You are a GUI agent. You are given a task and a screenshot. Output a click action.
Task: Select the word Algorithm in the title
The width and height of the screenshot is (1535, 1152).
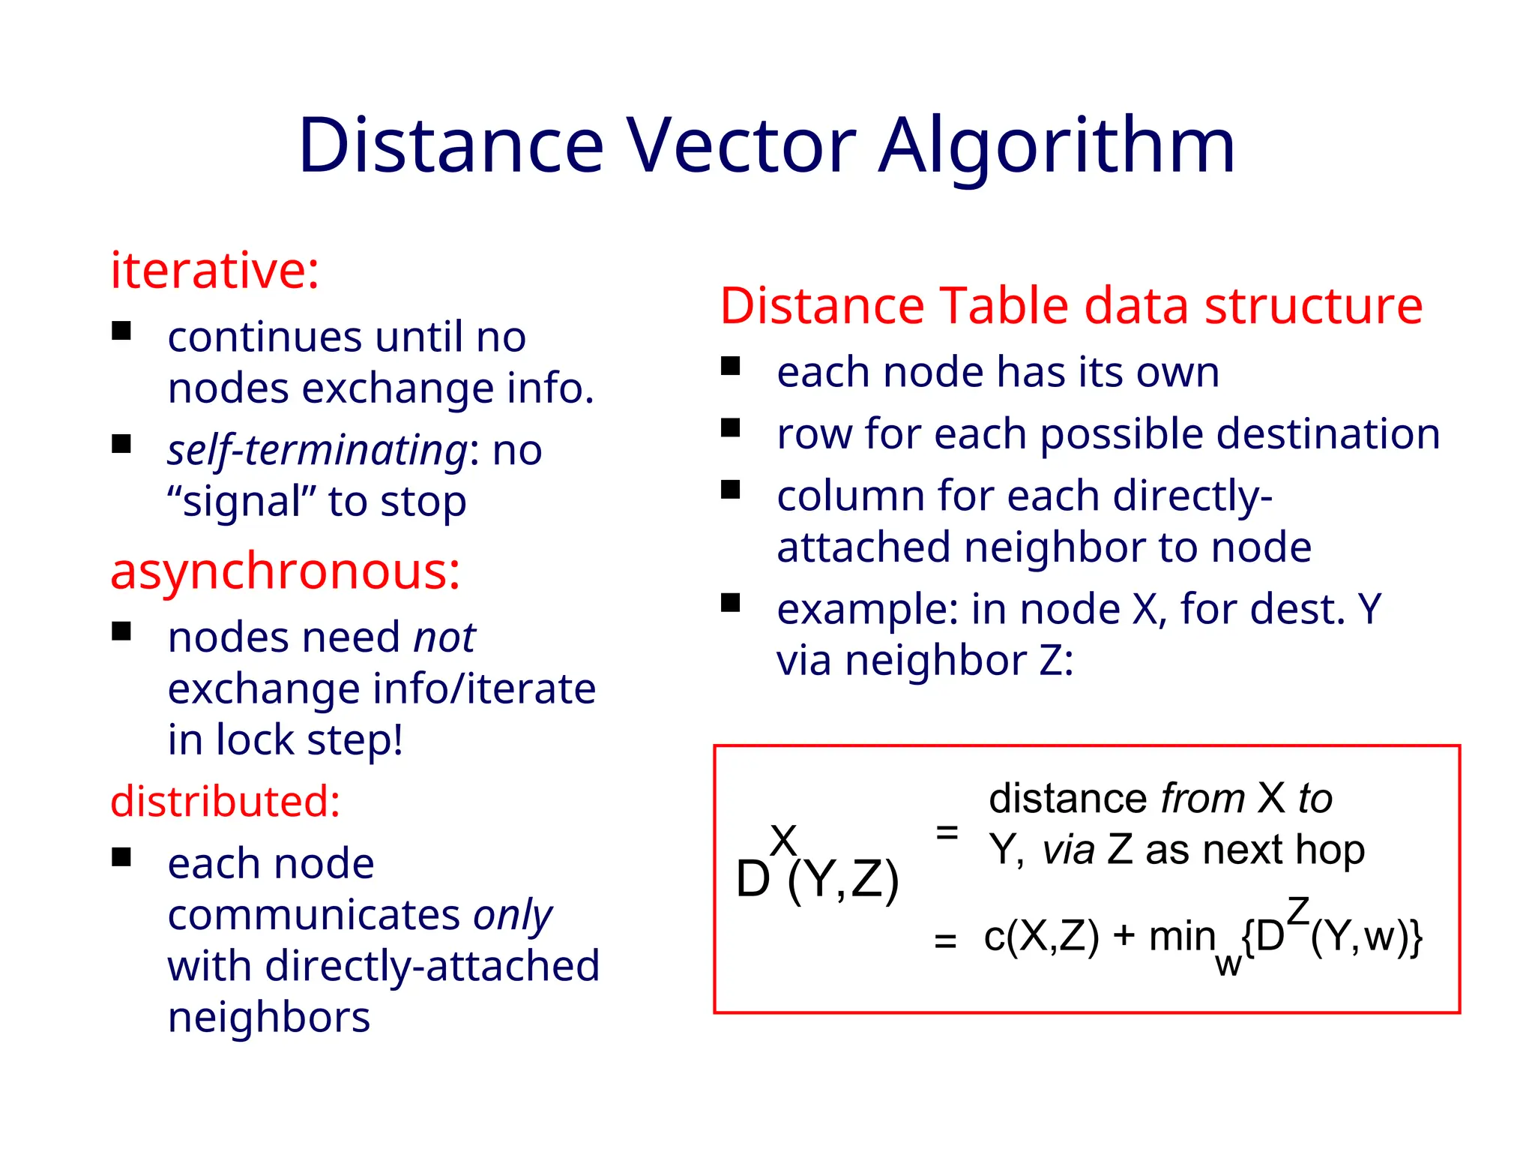(1056, 147)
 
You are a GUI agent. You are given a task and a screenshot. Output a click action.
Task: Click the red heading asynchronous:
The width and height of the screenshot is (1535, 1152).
(285, 571)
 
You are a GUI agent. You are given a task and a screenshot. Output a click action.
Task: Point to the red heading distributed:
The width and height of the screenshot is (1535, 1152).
(226, 801)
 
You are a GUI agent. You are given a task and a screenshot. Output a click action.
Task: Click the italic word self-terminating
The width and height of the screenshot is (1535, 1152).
(318, 451)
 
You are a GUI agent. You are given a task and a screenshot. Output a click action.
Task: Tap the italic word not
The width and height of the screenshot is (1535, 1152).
(444, 637)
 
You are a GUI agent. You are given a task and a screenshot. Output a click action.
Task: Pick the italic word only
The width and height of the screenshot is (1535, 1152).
(513, 915)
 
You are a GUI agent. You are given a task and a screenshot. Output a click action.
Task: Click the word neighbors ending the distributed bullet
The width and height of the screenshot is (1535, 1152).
(269, 1018)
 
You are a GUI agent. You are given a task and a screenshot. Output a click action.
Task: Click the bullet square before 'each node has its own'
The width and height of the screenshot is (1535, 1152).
(730, 367)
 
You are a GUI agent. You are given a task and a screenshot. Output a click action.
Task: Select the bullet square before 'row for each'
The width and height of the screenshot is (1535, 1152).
(730, 428)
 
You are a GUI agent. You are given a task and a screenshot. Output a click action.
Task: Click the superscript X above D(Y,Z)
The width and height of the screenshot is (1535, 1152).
(783, 841)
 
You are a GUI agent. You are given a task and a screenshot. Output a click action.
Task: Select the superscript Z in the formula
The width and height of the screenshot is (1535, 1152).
(1298, 911)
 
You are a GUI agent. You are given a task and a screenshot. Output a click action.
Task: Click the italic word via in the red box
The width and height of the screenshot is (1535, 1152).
(1068, 850)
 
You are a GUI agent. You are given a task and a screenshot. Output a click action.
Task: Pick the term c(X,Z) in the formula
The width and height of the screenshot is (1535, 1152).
(1041, 937)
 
